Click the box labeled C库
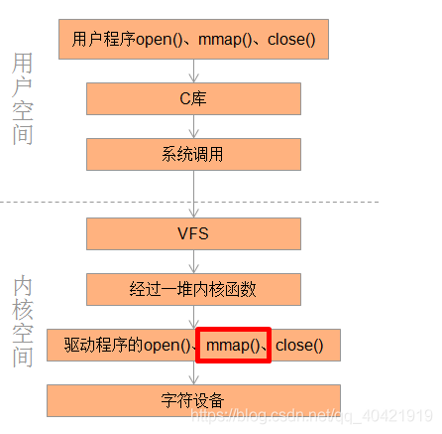pos(193,98)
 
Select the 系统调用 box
pos(193,154)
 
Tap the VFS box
pos(193,234)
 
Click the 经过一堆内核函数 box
pos(193,289)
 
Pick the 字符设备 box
pos(193,400)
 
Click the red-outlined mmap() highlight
pos(233,346)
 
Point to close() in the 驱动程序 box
pos(298,346)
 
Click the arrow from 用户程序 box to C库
pos(193,70)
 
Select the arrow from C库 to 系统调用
pos(193,126)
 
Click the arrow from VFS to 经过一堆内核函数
pos(193,262)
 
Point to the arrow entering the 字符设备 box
pos(193,373)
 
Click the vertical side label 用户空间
pos(23,99)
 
